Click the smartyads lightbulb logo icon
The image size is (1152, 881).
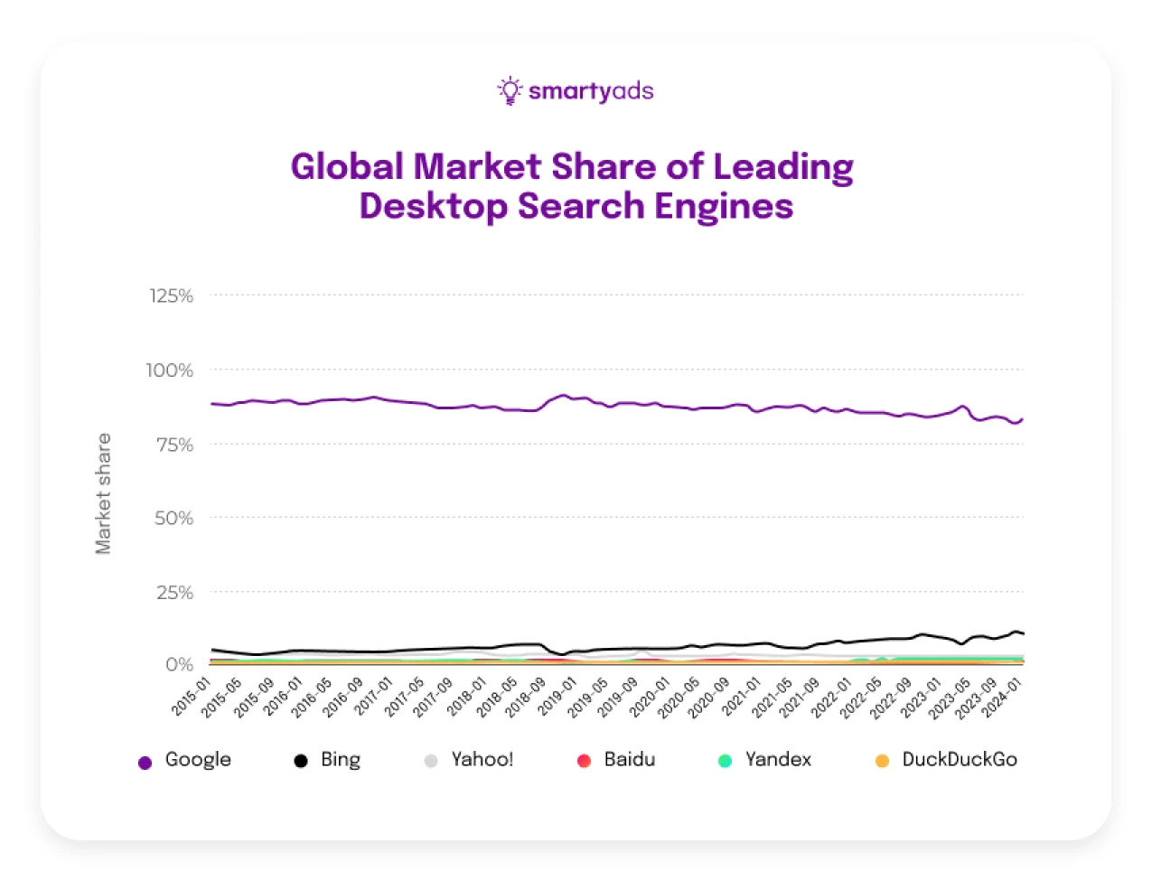510,90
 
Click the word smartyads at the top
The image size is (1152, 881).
590,91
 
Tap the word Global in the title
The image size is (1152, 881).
347,167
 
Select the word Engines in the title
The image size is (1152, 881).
724,207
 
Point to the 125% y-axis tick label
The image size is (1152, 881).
171,296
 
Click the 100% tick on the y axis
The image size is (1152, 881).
170,370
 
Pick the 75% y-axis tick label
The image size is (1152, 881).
174,445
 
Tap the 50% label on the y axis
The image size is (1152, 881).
173,519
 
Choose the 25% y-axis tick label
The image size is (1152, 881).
174,593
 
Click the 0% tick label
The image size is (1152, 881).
179,665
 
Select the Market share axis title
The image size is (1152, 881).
104,493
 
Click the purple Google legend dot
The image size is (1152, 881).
145,763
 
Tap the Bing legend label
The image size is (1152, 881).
341,760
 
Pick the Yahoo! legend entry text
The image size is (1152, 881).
482,760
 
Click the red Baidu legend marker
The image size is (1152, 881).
584,761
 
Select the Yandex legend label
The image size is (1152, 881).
778,760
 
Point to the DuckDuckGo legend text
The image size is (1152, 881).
960,760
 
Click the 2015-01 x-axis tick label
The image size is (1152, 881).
191,697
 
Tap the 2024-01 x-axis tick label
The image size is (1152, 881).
1002,697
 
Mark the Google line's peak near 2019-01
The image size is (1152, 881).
563,395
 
